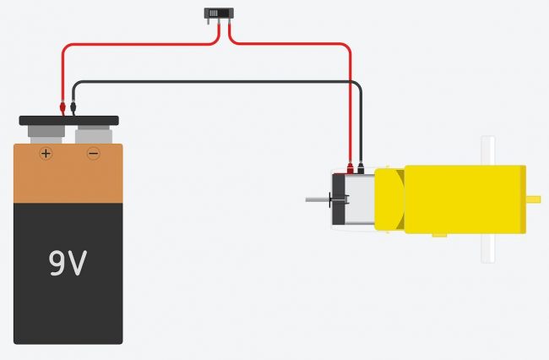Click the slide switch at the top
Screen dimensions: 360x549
coord(220,14)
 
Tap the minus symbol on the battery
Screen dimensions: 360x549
coord(93,154)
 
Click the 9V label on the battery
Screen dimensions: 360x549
coord(68,265)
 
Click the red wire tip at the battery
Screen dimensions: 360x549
coord(62,108)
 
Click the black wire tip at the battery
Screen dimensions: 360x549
coord(73,108)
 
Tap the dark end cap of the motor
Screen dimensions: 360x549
coord(340,199)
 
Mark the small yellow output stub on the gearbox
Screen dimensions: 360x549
coord(534,199)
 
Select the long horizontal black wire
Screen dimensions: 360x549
coord(211,82)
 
